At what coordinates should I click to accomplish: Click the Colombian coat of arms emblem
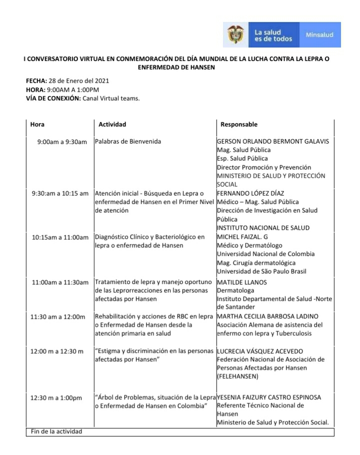(236, 34)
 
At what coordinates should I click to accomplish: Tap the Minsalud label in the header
(319, 35)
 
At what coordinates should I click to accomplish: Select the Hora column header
(37, 124)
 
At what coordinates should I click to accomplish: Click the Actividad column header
(112, 124)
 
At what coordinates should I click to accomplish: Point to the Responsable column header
(239, 124)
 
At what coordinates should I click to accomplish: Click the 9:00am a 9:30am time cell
(62, 142)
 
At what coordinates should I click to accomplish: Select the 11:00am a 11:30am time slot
(60, 282)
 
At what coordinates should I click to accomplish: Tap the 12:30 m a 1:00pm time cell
(56, 398)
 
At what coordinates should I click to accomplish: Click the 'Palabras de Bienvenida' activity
(128, 141)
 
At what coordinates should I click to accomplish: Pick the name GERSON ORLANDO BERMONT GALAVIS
(273, 141)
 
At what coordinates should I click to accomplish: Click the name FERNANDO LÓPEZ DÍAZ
(250, 193)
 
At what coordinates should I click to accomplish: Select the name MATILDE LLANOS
(242, 282)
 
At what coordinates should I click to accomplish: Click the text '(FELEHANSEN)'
(237, 376)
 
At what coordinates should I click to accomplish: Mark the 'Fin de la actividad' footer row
(56, 431)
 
